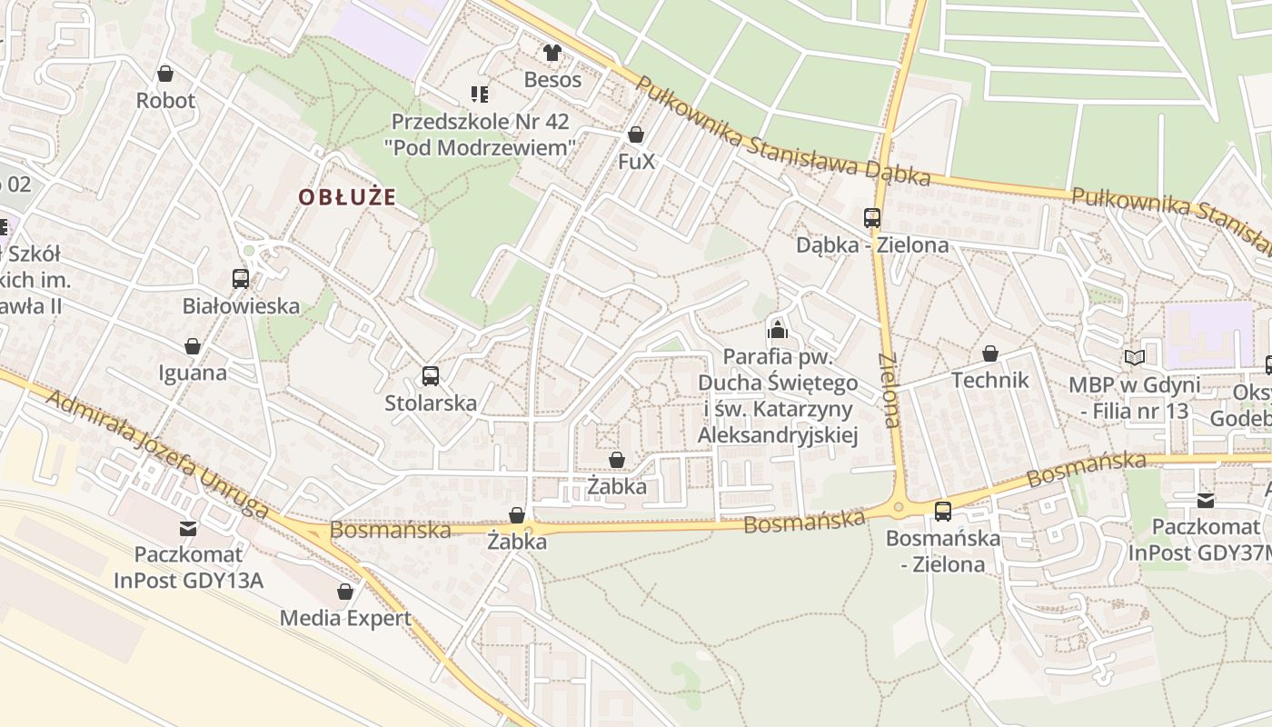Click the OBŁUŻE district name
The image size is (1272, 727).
tap(348, 197)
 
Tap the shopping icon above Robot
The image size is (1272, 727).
tap(165, 73)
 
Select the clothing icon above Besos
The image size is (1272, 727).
tap(552, 53)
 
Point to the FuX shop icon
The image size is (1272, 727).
tap(636, 135)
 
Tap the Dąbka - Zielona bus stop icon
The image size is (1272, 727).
tap(872, 218)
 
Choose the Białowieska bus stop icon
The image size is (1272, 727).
tap(241, 279)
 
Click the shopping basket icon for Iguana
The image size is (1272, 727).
tap(193, 346)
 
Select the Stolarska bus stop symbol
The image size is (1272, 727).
tap(431, 375)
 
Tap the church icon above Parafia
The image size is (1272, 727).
tap(778, 328)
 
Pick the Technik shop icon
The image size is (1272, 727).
tap(990, 354)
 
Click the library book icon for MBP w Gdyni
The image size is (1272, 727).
tap(1134, 358)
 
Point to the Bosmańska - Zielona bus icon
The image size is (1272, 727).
tap(943, 512)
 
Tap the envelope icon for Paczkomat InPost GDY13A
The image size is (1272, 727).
tap(188, 528)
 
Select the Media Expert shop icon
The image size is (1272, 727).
tap(345, 592)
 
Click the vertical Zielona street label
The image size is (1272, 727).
tap(889, 391)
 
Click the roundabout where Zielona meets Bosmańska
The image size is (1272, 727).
tap(899, 507)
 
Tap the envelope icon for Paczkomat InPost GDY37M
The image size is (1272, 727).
tap(1206, 501)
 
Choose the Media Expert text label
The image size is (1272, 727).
tap(345, 619)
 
